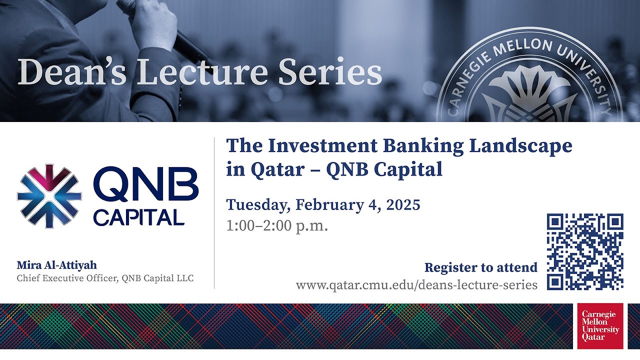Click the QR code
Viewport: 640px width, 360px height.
(x=585, y=251)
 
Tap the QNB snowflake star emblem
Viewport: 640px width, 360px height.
(x=49, y=196)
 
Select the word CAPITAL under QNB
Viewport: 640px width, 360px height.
(x=138, y=217)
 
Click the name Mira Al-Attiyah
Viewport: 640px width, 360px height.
(x=56, y=265)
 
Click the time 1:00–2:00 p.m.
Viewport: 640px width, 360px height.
(x=277, y=225)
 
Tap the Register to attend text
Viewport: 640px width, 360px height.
(x=480, y=267)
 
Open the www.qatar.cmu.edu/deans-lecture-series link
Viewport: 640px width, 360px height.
(x=416, y=285)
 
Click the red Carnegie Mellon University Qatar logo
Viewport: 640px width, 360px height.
(x=600, y=326)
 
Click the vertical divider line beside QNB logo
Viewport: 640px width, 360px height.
(x=214, y=212)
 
